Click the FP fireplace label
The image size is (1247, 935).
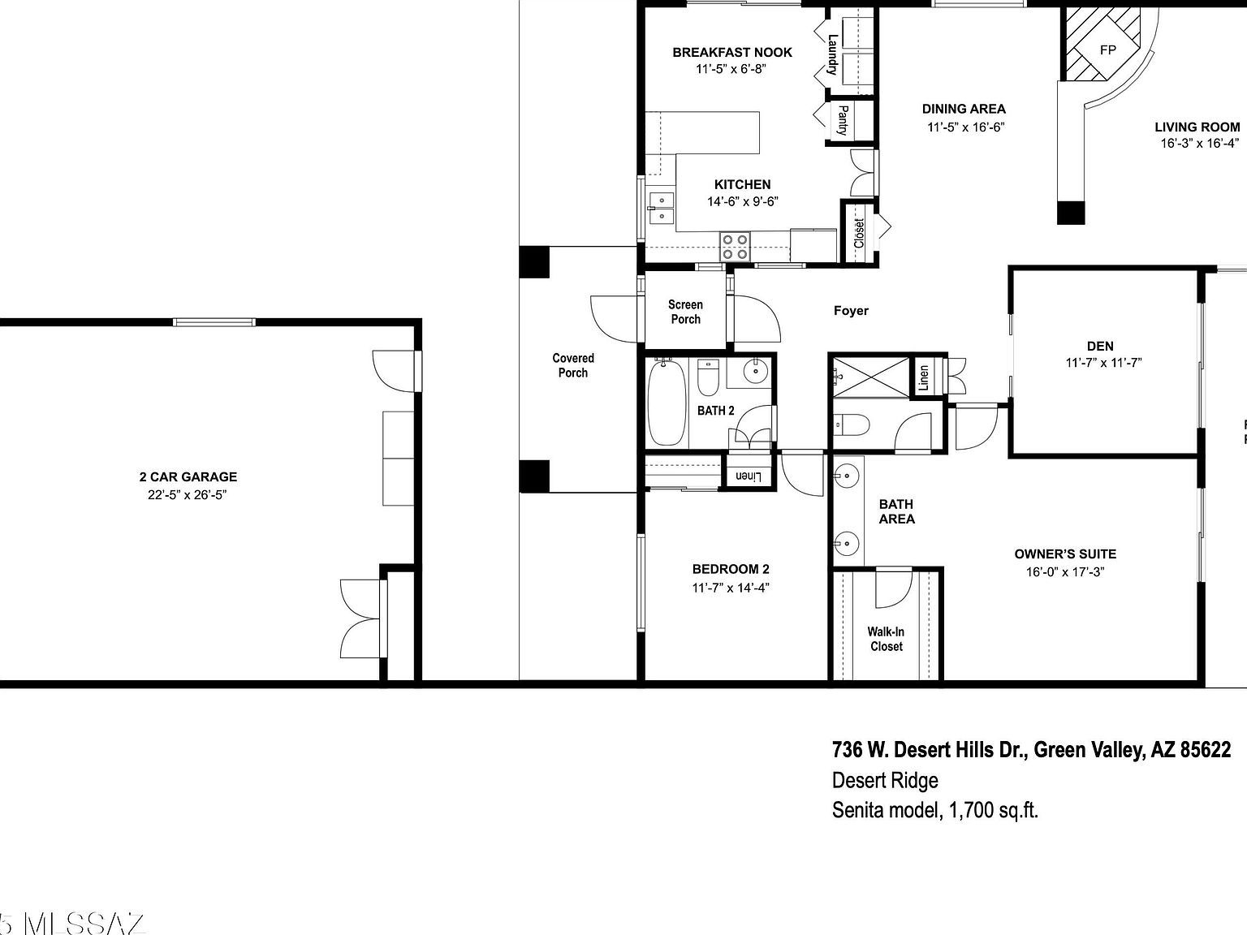point(1107,50)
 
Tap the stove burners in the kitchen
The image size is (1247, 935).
point(735,247)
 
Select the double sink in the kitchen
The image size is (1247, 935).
point(662,208)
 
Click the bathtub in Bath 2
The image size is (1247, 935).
point(667,404)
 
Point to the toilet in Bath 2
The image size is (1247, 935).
point(708,378)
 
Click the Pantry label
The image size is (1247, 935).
point(843,120)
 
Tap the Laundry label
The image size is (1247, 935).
point(832,54)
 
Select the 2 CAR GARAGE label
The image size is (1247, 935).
point(188,477)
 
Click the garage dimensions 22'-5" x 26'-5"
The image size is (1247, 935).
point(187,495)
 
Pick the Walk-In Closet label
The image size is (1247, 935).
point(886,639)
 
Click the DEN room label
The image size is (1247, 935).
point(1100,346)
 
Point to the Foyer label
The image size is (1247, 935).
point(851,311)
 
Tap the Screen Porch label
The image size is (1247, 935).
point(685,312)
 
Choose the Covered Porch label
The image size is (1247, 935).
point(573,365)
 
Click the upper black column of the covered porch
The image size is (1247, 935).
point(534,262)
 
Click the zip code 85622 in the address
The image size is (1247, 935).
point(1205,750)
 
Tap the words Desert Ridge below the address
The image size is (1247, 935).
point(885,780)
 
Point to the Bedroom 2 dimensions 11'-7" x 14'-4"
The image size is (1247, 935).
point(731,588)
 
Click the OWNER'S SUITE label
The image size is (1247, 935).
point(1065,554)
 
